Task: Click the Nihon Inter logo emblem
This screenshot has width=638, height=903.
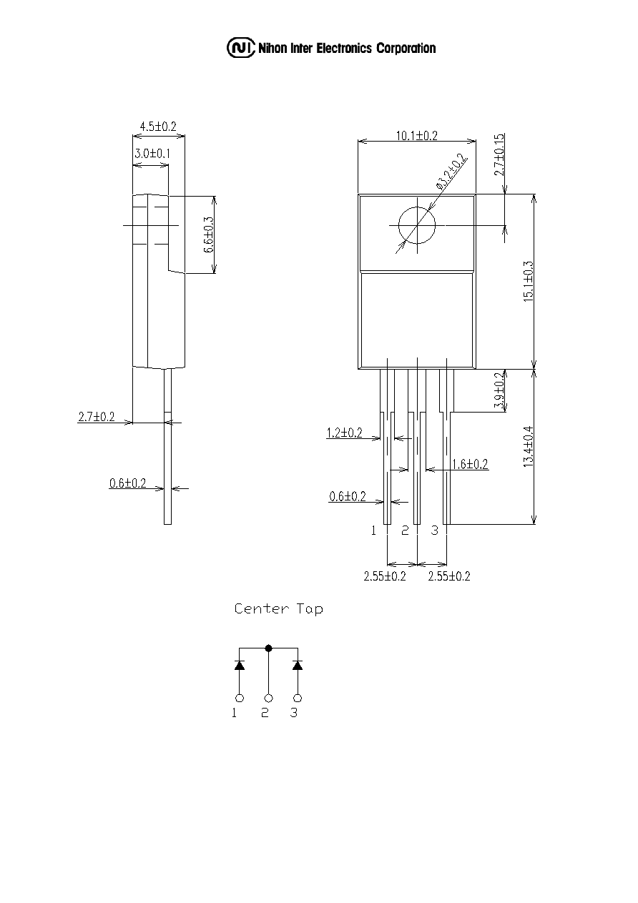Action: tap(241, 48)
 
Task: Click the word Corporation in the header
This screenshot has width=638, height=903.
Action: tap(406, 49)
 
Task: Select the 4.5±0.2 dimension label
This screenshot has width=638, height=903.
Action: tap(158, 127)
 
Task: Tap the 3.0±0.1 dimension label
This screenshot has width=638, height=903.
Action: tap(152, 154)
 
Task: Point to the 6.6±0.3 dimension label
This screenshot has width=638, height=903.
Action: tap(209, 235)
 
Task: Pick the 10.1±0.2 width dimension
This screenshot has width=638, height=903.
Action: tap(416, 135)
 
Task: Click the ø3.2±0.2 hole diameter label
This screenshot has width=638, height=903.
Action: tap(451, 172)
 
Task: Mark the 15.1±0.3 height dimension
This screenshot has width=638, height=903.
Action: tap(529, 282)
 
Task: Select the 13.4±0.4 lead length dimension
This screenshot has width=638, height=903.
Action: tap(529, 447)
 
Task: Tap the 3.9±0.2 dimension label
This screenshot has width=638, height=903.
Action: tap(499, 390)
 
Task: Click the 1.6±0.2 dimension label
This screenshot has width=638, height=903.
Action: tap(470, 465)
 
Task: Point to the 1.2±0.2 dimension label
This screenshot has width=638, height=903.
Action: tap(345, 433)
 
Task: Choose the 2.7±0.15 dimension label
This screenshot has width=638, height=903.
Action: tap(499, 155)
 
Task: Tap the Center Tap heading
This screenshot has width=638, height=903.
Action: tap(279, 608)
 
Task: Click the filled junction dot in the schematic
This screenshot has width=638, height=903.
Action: tap(269, 648)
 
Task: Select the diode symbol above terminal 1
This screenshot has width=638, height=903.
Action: tap(239, 665)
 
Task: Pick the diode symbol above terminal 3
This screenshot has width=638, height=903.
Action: tap(298, 665)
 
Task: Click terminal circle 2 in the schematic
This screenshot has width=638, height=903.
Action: tap(269, 699)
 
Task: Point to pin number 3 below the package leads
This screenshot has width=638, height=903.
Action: tap(434, 531)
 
